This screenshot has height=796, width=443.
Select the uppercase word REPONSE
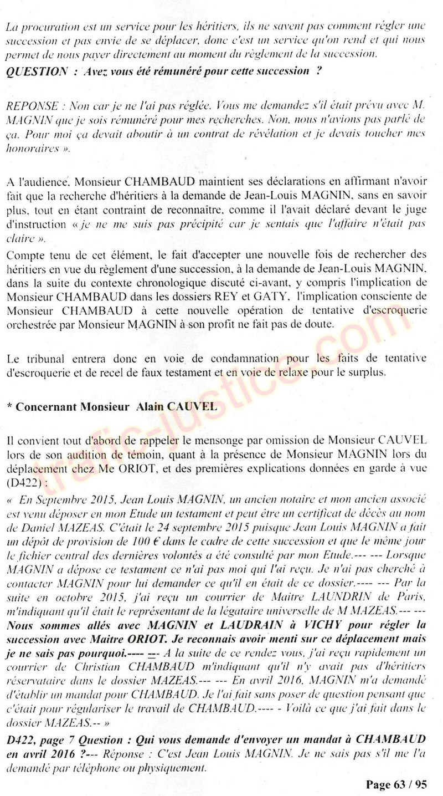pyautogui.click(x=29, y=105)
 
